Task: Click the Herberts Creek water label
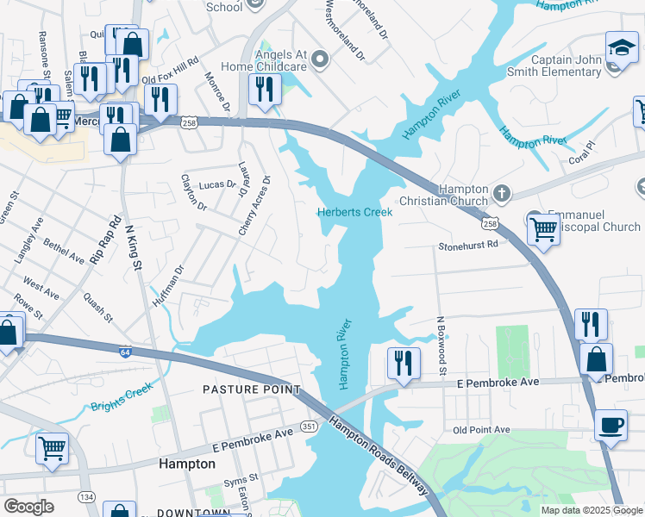tap(354, 212)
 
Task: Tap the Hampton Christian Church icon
tap(503, 190)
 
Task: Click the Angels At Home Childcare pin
tap(320, 59)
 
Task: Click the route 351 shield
tap(309, 427)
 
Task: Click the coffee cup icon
tap(611, 425)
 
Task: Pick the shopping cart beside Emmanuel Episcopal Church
tap(543, 229)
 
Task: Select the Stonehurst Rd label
tap(468, 245)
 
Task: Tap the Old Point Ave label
tap(481, 429)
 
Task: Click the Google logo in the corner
tap(29, 507)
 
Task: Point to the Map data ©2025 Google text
tap(591, 510)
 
